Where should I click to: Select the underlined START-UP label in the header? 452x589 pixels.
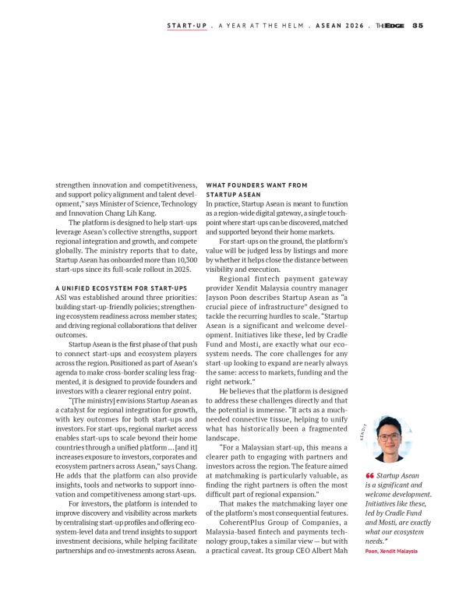[187, 26]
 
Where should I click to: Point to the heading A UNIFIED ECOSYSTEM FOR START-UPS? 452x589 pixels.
[116, 288]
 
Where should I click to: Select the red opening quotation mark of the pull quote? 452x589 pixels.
[369, 475]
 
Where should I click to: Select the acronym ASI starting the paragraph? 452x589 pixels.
[62, 297]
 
